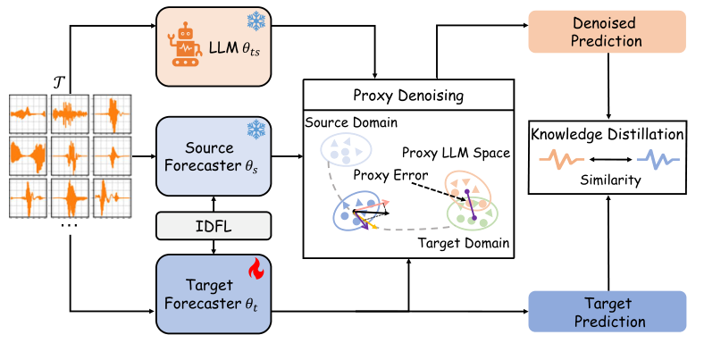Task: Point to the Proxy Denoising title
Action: tap(408, 94)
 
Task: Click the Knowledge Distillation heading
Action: tap(608, 134)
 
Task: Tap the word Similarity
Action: tap(608, 180)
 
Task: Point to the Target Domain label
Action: tap(461, 241)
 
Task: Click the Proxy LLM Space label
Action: tap(456, 154)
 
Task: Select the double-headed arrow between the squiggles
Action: tap(608, 161)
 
